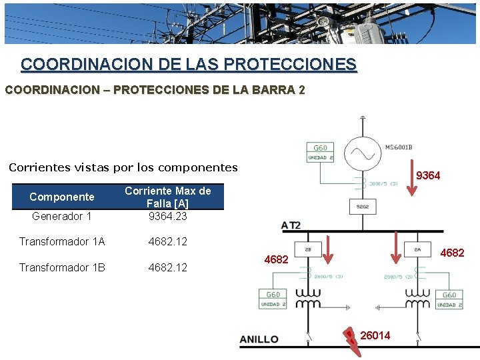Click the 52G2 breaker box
[362, 207]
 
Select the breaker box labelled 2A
[417, 249]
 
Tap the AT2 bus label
[291, 225]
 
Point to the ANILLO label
[259, 339]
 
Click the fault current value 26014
[375, 335]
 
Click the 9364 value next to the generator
[428, 175]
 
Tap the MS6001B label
[399, 147]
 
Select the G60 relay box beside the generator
[321, 152]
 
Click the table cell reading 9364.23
[167, 216]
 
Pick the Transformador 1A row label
[62, 241]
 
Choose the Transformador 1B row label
[62, 267]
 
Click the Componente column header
[62, 197]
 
